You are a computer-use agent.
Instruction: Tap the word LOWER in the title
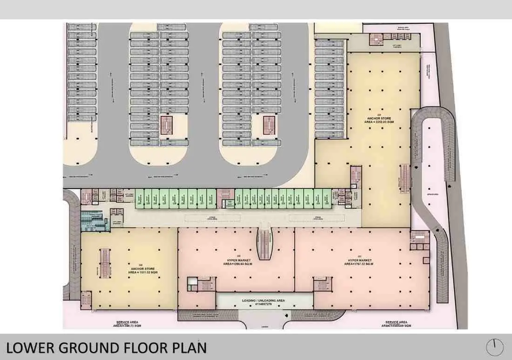tap(29, 348)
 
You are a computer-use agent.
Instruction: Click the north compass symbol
tap(494, 347)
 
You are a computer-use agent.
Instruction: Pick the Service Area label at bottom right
tap(397, 324)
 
